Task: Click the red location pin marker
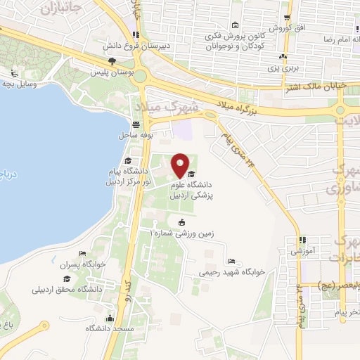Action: pyautogui.click(x=180, y=165)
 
